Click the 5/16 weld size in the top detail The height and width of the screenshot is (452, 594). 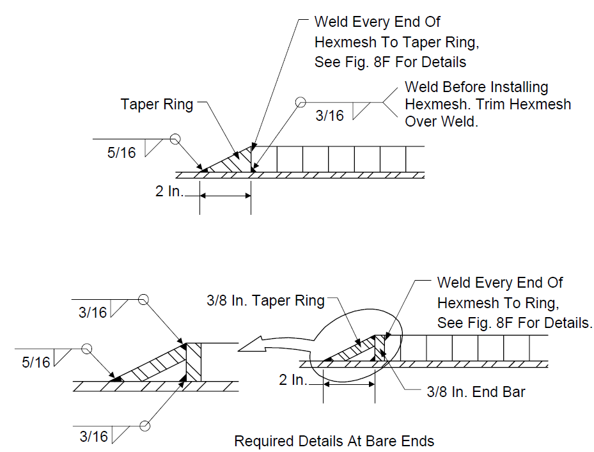pyautogui.click(x=121, y=153)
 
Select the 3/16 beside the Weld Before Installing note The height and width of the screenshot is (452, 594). pyautogui.click(x=329, y=116)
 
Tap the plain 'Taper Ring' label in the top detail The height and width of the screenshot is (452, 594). pyautogui.click(x=157, y=104)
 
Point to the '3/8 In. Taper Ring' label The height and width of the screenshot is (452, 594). pyautogui.click(x=265, y=300)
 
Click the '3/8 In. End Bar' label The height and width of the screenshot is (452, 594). pyautogui.click(x=476, y=392)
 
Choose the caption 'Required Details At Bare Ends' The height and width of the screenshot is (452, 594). pyautogui.click(x=334, y=441)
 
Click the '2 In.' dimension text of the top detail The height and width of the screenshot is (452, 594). pyautogui.click(x=169, y=191)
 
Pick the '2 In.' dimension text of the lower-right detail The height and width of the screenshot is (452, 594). pyautogui.click(x=293, y=380)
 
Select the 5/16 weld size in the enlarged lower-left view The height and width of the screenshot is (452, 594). pyautogui.click(x=36, y=362)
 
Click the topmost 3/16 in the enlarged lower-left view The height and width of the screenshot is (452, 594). pyautogui.click(x=93, y=313)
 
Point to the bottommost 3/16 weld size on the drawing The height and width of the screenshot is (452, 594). pyautogui.click(x=94, y=437)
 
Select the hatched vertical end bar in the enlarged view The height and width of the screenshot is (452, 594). pyautogui.click(x=194, y=362)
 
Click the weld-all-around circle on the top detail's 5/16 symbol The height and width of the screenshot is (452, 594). pyautogui.click(x=175, y=139)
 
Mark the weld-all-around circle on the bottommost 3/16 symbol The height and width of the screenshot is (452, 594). pyautogui.click(x=145, y=426)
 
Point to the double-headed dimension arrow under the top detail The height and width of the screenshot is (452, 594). pyautogui.click(x=226, y=196)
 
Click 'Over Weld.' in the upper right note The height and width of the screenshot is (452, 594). pyautogui.click(x=442, y=121)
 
